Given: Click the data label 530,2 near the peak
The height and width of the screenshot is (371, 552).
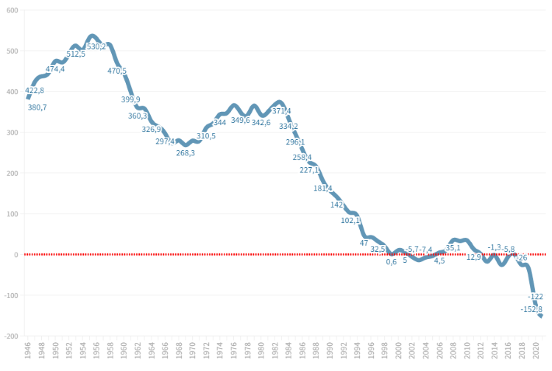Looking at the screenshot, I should point(96,47).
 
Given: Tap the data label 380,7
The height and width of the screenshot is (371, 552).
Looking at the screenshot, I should point(37,107).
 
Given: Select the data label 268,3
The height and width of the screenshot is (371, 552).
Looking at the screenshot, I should point(185,153).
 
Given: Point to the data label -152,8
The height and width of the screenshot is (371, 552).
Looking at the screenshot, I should point(531,309).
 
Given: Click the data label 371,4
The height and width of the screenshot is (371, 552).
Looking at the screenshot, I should point(282,111).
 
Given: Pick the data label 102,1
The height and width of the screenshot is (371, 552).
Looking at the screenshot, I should point(350,220).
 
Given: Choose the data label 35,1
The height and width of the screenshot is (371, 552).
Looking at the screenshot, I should point(453,248).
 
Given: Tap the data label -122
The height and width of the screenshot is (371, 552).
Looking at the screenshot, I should point(536,297).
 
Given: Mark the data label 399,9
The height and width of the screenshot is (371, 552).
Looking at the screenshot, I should point(130,99).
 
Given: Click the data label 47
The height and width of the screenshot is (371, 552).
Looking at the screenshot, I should point(364,243).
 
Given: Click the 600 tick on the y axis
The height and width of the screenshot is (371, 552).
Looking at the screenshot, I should point(11,10).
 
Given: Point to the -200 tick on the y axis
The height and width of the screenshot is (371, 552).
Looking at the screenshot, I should point(10,336).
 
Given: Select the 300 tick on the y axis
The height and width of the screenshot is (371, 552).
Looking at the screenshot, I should point(11,132).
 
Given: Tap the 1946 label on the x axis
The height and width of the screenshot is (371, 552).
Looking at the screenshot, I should point(28,350).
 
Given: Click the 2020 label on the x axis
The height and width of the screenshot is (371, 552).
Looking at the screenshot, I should point(536,350).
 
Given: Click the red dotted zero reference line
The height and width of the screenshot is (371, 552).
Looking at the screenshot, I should point(221,255).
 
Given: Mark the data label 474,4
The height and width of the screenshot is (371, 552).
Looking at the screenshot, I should point(55,69).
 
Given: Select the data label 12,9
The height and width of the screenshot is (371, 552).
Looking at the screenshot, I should point(473,257).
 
